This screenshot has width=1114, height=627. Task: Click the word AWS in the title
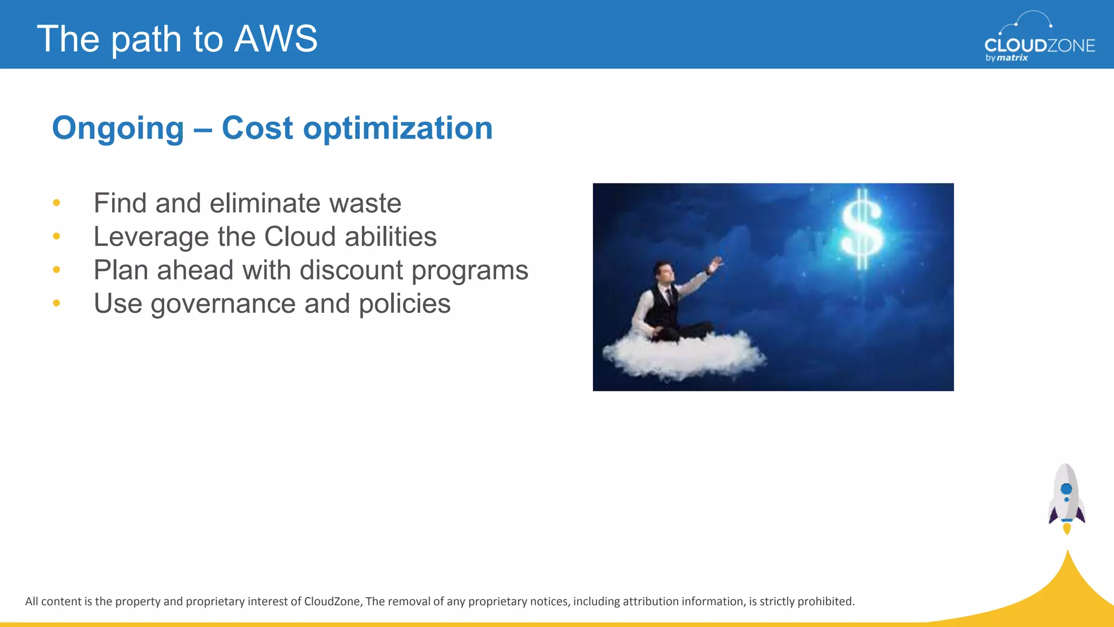coord(276,39)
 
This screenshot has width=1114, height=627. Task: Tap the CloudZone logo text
coord(1039,45)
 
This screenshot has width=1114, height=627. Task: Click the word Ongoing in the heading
coord(118,128)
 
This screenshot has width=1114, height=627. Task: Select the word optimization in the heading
coord(398,128)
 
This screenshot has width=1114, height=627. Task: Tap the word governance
coord(223,304)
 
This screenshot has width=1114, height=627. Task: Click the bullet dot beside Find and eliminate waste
coord(57,203)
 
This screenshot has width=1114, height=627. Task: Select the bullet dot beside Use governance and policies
coord(57,303)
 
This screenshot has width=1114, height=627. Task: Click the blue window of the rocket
coord(1066,489)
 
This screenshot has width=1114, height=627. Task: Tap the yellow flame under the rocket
coord(1067,528)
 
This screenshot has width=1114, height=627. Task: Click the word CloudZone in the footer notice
coord(332,601)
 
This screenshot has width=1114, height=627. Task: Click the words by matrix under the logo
coord(1006,58)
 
